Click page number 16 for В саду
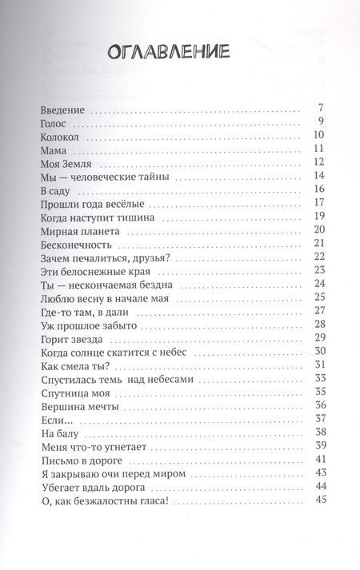click(x=318, y=189)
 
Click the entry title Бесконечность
click(x=74, y=243)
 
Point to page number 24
click(x=318, y=284)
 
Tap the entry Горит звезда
click(x=69, y=338)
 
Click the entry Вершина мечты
click(x=73, y=406)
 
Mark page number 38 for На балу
click(x=318, y=432)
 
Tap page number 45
click(x=318, y=500)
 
